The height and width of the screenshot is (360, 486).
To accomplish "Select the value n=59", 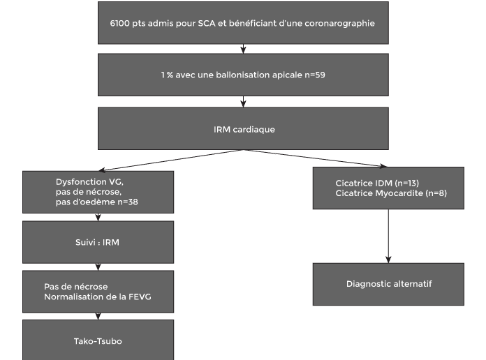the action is tap(315, 75).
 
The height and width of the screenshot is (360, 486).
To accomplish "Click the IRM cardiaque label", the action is tap(244, 130).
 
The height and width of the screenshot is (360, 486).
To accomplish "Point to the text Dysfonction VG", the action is tap(89, 182).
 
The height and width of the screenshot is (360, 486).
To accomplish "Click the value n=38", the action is tap(128, 202).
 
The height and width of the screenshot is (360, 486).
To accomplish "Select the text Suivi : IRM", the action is tap(97, 242).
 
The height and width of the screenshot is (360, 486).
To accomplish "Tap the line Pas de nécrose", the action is tap(76, 287).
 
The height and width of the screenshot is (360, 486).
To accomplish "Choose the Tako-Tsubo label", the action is tap(98, 341).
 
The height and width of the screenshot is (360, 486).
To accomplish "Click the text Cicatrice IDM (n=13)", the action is tap(377, 183).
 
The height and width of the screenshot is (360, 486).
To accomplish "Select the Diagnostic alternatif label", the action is tap(389, 284).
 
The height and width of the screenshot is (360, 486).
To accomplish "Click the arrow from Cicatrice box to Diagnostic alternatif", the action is tap(388, 236).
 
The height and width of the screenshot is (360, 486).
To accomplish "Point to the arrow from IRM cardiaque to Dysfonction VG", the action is tap(171, 160).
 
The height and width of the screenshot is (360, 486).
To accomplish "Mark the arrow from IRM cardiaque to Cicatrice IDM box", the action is tap(315, 158).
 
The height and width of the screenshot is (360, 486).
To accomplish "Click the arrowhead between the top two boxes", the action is tap(243, 50).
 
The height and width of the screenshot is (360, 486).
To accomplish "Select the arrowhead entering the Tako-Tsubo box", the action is tap(98, 317).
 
